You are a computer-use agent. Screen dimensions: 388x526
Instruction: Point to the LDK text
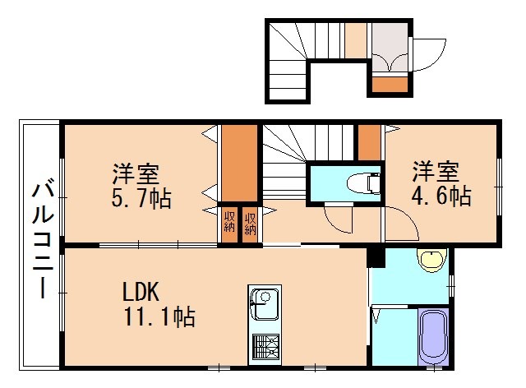[145, 292]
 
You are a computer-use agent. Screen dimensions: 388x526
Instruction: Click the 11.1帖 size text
[159, 316]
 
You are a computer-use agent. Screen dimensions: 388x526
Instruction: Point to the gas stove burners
[265, 346]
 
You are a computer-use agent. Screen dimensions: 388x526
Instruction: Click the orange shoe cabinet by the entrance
[390, 82]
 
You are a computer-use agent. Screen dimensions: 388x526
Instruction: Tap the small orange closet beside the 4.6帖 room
[369, 142]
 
